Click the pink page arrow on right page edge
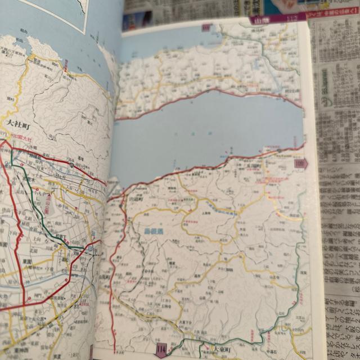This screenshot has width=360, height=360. tap(301, 163)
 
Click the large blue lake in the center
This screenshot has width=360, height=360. tap(208, 129)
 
